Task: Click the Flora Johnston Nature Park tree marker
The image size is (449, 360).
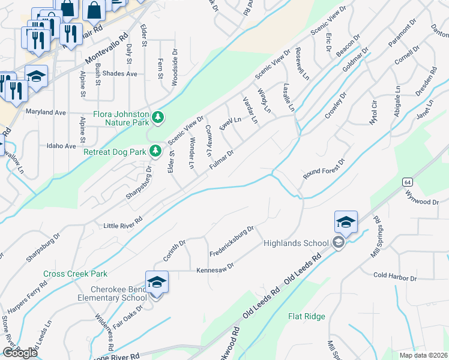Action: tap(157, 117)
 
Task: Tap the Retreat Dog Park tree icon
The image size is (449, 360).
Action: tap(155, 151)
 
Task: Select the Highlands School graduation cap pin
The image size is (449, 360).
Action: tap(346, 223)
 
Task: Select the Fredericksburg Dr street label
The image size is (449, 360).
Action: tap(232, 241)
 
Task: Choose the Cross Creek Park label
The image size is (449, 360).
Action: tap(75, 274)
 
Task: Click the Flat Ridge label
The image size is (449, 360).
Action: tap(306, 316)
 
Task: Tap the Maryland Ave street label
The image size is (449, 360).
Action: tap(46, 112)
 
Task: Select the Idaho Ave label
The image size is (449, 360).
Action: tap(61, 146)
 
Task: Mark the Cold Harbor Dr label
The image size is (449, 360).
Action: tap(394, 278)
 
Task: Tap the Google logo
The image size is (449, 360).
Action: tap(19, 353)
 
